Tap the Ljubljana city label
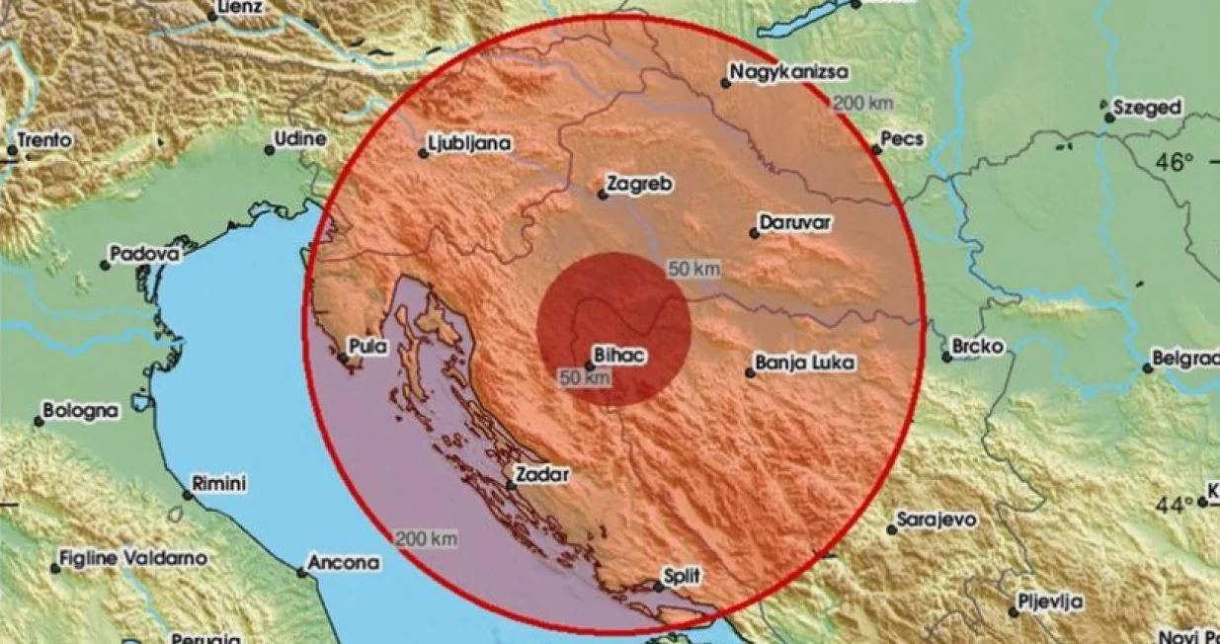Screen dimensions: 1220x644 [x=469, y=144]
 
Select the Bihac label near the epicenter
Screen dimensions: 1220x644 [x=619, y=354]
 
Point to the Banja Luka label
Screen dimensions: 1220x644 [x=805, y=362]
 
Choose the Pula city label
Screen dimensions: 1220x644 [x=366, y=347]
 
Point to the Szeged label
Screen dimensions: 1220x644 [x=1147, y=108]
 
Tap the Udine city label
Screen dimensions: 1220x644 [x=300, y=139]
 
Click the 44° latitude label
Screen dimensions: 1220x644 [x=1175, y=505]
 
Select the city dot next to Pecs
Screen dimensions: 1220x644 [x=876, y=150]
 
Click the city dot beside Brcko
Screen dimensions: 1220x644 [x=946, y=357]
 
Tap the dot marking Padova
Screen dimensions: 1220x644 [x=105, y=265]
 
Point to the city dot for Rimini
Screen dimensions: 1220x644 [x=188, y=494]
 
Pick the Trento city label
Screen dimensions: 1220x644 [x=45, y=140]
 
